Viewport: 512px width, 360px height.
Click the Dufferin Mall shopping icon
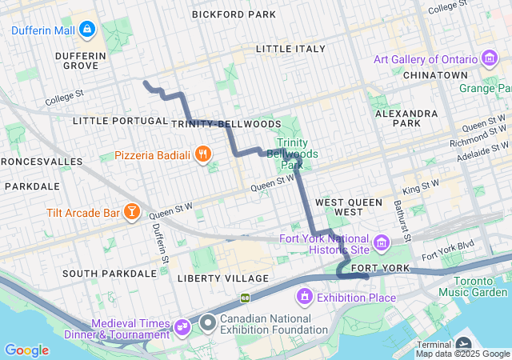click(87, 31)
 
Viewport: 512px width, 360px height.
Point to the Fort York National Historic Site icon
click(382, 242)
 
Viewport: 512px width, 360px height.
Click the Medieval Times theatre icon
click(182, 326)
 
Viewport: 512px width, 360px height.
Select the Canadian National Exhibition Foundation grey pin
click(208, 322)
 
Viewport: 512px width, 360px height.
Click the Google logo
click(26, 350)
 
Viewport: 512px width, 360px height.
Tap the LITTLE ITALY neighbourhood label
click(290, 49)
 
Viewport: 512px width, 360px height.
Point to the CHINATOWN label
click(434, 74)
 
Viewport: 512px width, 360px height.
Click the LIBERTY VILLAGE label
click(223, 278)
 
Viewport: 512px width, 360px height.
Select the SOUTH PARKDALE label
click(110, 273)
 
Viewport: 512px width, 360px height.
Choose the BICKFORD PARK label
click(234, 14)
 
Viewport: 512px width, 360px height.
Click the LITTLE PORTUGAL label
click(118, 121)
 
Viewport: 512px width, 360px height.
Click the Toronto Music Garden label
click(480, 286)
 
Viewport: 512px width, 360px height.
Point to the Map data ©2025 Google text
click(462, 354)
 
